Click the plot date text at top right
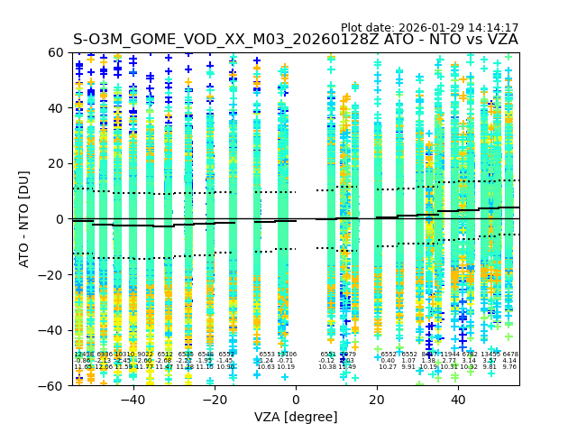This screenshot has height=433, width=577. [x=429, y=28]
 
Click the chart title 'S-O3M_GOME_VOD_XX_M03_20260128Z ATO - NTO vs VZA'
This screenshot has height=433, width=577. [x=296, y=41]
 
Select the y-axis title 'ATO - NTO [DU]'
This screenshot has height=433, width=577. [x=24, y=219]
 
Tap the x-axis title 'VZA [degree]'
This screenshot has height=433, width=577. [x=296, y=418]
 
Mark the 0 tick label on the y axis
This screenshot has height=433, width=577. [x=60, y=219]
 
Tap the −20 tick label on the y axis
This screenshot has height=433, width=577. [x=53, y=274]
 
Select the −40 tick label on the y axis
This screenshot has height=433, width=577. [x=53, y=330]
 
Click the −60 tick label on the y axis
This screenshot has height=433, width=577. [x=53, y=385]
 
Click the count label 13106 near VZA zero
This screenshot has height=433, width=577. [x=287, y=355]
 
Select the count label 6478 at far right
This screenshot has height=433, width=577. [x=510, y=355]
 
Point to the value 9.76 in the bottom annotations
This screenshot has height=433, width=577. [x=509, y=367]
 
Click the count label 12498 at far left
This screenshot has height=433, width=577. [x=83, y=355]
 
